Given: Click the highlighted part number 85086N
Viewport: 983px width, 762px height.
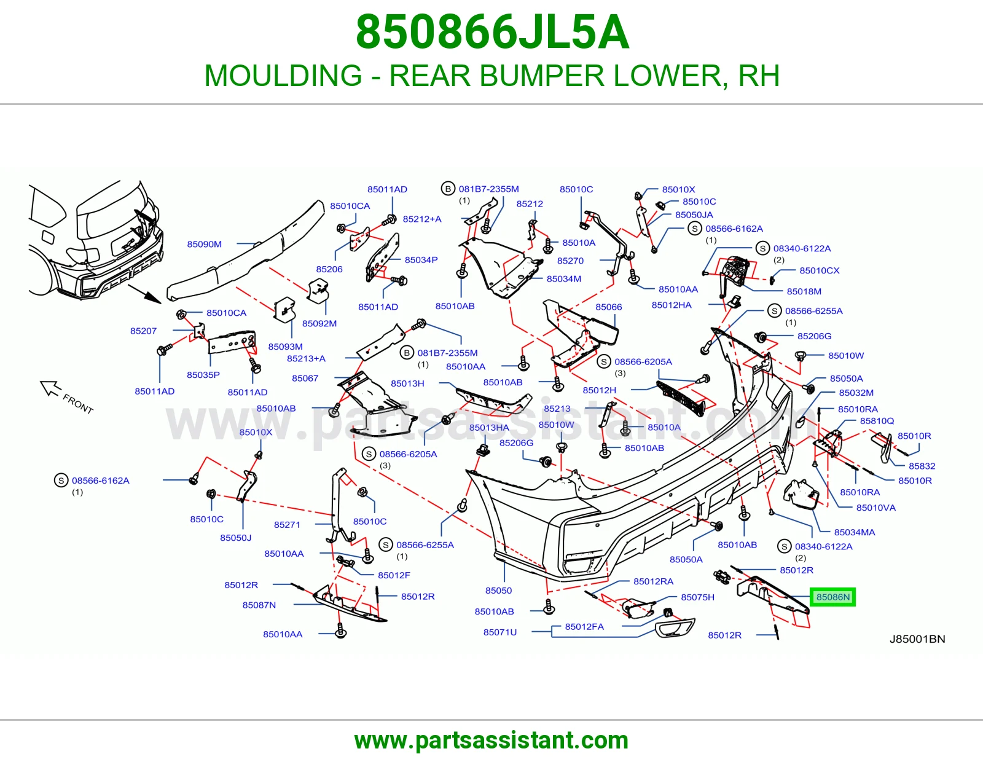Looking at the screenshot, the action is coord(833,597).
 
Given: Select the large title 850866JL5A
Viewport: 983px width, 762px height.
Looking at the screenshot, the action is coord(492,32).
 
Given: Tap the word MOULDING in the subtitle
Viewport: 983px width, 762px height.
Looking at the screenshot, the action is coord(283,76).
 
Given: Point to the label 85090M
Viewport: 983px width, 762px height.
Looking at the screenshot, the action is coord(205,245).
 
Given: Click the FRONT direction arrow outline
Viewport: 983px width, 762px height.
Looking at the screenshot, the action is coord(50,388).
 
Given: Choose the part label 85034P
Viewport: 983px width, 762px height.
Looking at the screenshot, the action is coord(421,260).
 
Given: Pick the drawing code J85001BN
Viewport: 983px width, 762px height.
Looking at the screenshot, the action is coord(917,639).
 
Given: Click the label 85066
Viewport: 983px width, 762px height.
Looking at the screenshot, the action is coord(608,307).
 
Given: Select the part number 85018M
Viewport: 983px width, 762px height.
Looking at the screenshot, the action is coord(804,291).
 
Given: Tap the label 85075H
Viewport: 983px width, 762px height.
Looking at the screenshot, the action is coord(697,597).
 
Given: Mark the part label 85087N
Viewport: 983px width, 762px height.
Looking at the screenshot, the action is coord(259,605).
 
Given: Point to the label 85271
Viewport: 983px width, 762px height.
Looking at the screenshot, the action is coord(287,524).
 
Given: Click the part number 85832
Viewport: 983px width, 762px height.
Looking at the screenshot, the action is coord(922,466).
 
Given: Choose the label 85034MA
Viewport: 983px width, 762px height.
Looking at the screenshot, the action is coord(855,532).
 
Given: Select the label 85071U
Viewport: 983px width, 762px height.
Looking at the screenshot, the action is coord(500,632).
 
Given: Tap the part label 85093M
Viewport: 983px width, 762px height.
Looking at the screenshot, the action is coord(286,347).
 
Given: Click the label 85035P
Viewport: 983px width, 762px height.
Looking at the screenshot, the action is coord(203,375).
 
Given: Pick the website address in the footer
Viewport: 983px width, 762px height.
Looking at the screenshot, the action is coord(491,740).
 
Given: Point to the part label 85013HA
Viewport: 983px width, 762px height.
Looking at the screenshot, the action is coord(489,428).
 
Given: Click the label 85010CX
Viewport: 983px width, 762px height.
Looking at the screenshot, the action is coord(819,270).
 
